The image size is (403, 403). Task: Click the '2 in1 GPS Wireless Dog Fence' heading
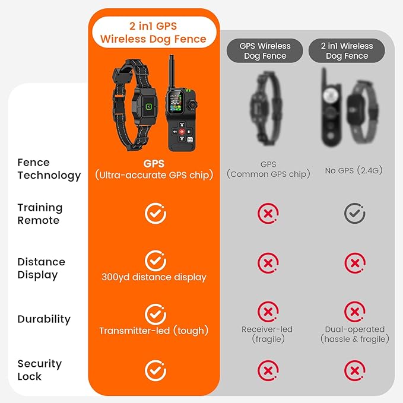pos(154,33)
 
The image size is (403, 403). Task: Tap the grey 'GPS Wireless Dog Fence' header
pos(265,50)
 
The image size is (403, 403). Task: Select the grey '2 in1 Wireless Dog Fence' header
pos(347,50)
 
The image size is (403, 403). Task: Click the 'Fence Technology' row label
pos(49,169)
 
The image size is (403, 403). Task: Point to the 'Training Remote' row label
pos(40,214)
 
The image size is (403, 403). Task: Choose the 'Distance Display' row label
pos(42,268)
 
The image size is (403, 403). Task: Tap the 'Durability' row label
pos(44,319)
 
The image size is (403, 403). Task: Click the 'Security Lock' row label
pos(39,370)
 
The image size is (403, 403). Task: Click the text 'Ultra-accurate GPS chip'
pos(154,174)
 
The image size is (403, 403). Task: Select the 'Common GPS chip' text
pos(268,174)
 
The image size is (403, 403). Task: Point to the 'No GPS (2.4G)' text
pos(354,170)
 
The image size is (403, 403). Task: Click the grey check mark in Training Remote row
pos(355,213)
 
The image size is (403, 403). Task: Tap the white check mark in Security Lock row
pos(156,370)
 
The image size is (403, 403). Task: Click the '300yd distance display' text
pos(154,277)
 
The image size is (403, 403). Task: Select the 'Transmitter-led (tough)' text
pos(154,331)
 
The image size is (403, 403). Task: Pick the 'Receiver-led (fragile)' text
pos(267,334)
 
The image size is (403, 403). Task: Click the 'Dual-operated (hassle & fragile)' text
pos(355,334)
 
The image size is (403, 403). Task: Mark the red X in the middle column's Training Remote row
pos(268,213)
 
